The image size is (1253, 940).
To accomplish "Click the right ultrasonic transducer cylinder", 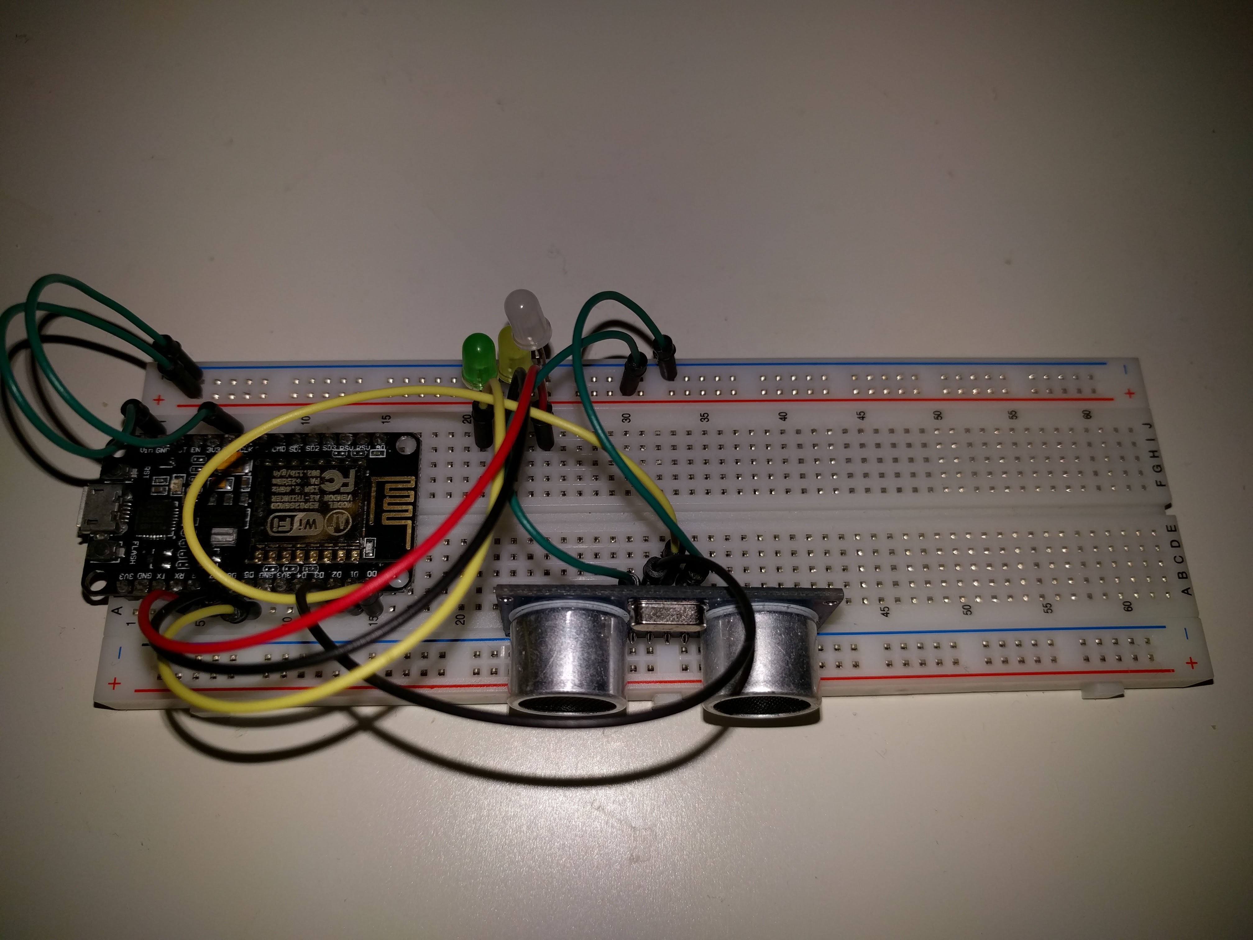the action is (x=762, y=663).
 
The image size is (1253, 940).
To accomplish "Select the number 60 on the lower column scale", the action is (x=1128, y=606).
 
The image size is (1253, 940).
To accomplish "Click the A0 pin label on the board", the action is (x=380, y=448).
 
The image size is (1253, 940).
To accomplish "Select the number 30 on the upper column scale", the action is (x=626, y=417).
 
